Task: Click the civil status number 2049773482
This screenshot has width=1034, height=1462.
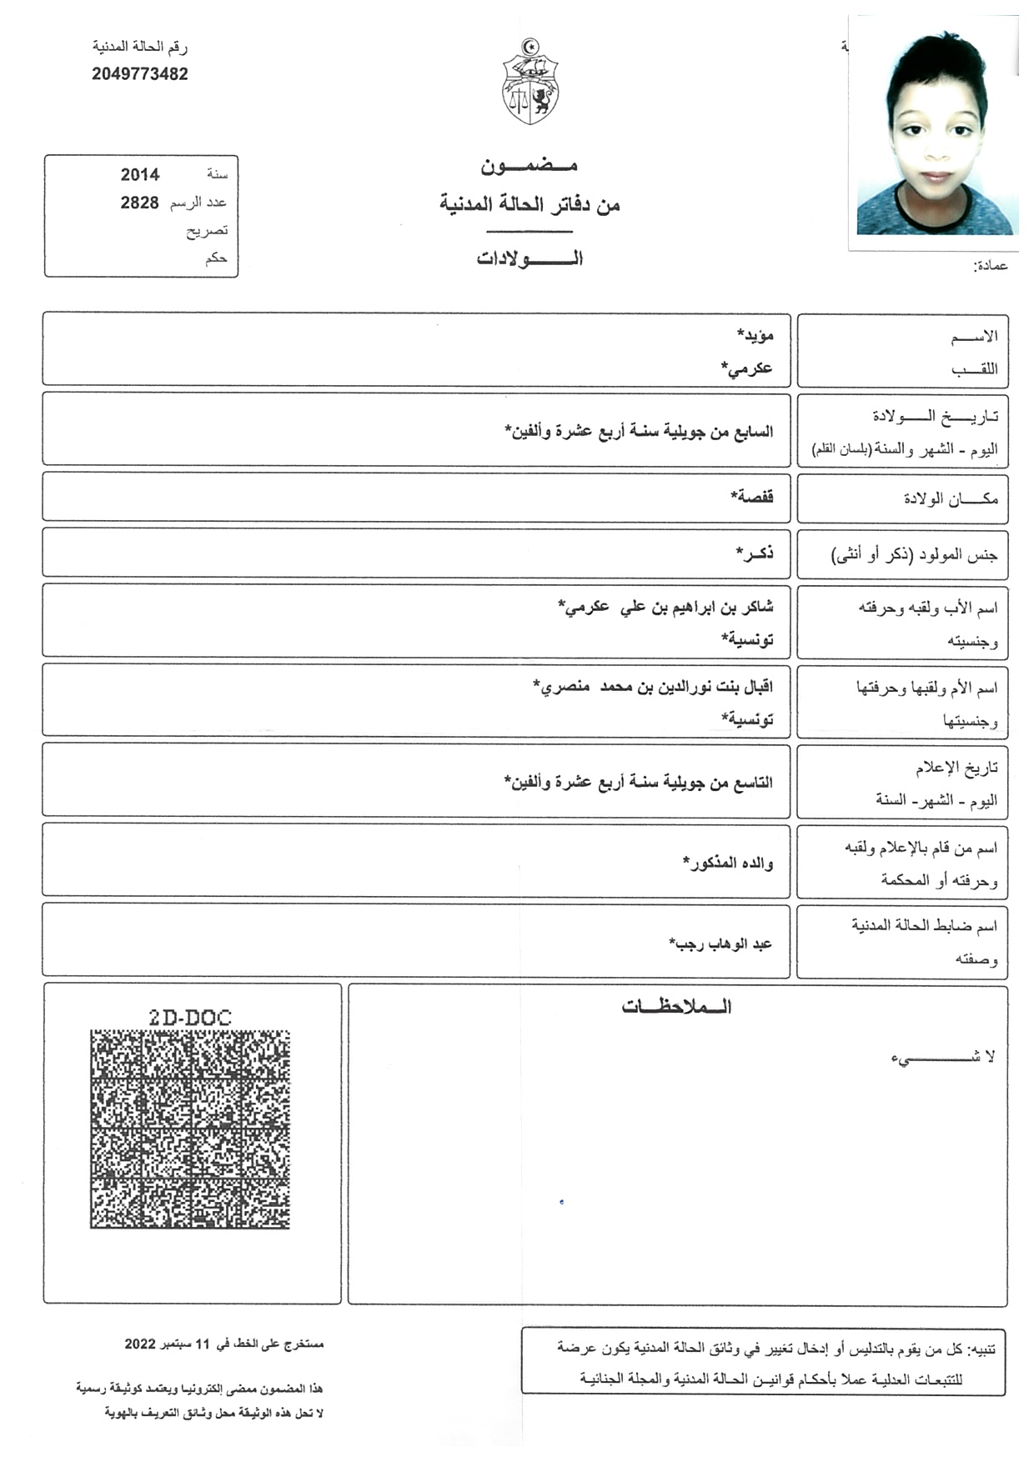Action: click(140, 74)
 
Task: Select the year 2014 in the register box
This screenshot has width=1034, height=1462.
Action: click(140, 175)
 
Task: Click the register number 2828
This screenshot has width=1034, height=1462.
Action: click(139, 203)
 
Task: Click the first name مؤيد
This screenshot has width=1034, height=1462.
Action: click(755, 335)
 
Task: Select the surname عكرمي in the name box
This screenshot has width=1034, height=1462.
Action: click(747, 368)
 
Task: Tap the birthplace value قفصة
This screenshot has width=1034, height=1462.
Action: click(752, 497)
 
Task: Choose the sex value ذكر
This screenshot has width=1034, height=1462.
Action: click(755, 553)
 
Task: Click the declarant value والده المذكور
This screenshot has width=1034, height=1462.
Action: click(729, 863)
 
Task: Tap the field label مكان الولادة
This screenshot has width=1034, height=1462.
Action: click(951, 498)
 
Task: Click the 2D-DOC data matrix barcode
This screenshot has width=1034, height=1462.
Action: click(190, 1129)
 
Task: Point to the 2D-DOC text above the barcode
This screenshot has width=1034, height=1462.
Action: click(190, 1017)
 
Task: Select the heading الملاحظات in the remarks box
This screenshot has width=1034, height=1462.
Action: click(676, 1007)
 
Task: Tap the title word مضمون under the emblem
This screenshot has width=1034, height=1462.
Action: click(530, 166)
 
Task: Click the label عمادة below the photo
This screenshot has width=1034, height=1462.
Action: click(991, 266)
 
